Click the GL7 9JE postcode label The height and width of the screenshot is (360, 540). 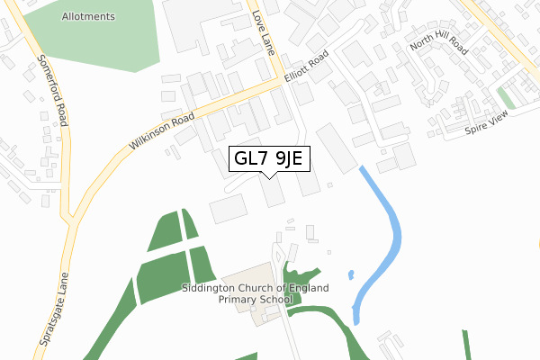click(271, 159)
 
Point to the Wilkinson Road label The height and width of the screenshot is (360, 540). click(162, 131)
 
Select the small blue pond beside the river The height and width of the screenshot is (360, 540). click(350, 274)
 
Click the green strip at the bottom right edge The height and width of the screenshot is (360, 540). click(467, 346)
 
